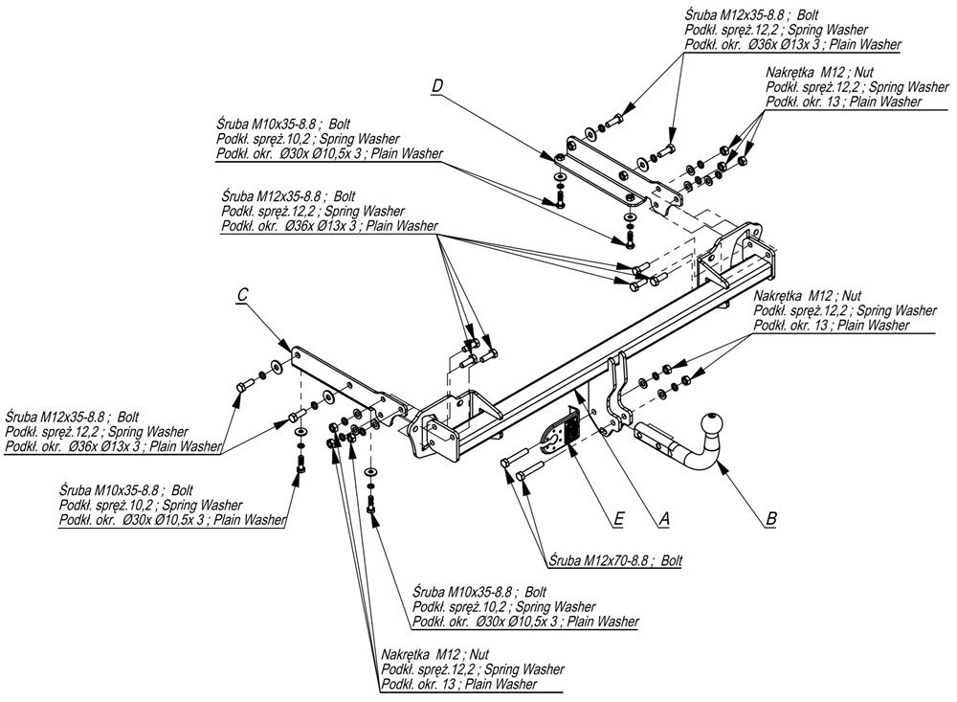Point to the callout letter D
coord(436,86)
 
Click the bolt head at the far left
coord(240,386)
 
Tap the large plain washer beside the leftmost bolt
coord(277,366)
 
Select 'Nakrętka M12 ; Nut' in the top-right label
coord(819,72)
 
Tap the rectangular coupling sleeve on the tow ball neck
coord(657,438)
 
